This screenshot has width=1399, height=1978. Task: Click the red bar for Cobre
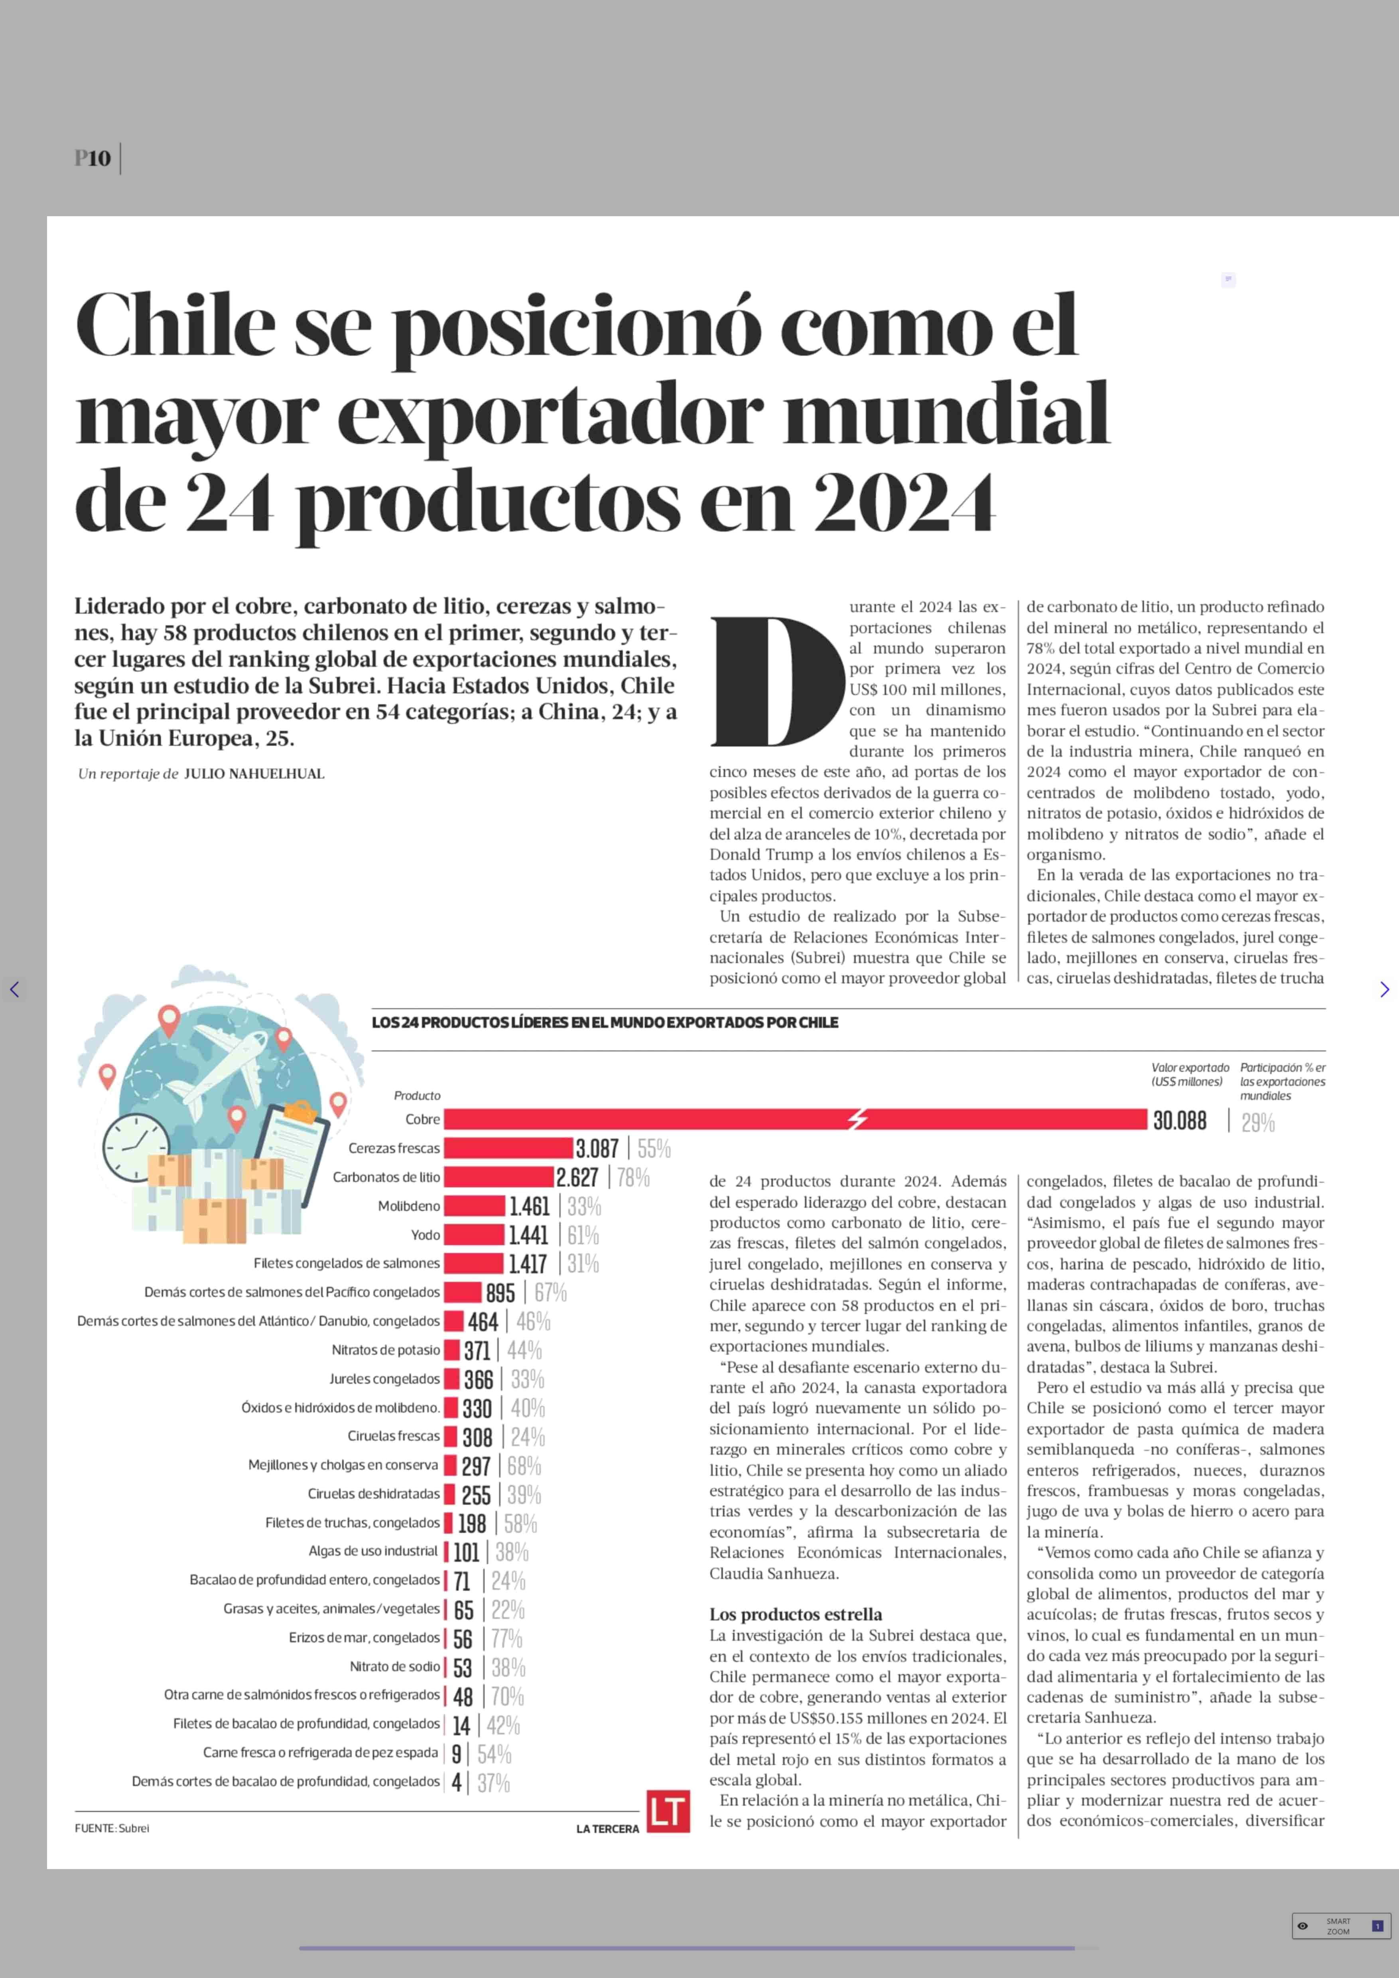[x=792, y=1119]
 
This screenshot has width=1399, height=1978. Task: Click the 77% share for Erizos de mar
[x=507, y=1638]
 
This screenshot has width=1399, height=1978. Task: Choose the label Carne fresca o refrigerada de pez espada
[x=321, y=1752]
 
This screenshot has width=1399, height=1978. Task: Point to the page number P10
[x=92, y=158]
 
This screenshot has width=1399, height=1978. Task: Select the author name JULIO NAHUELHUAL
[x=254, y=773]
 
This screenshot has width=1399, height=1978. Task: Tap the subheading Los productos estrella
[x=795, y=1613]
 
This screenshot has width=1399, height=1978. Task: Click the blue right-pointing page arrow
[x=1383, y=989]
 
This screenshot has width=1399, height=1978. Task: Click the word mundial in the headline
[x=946, y=414]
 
